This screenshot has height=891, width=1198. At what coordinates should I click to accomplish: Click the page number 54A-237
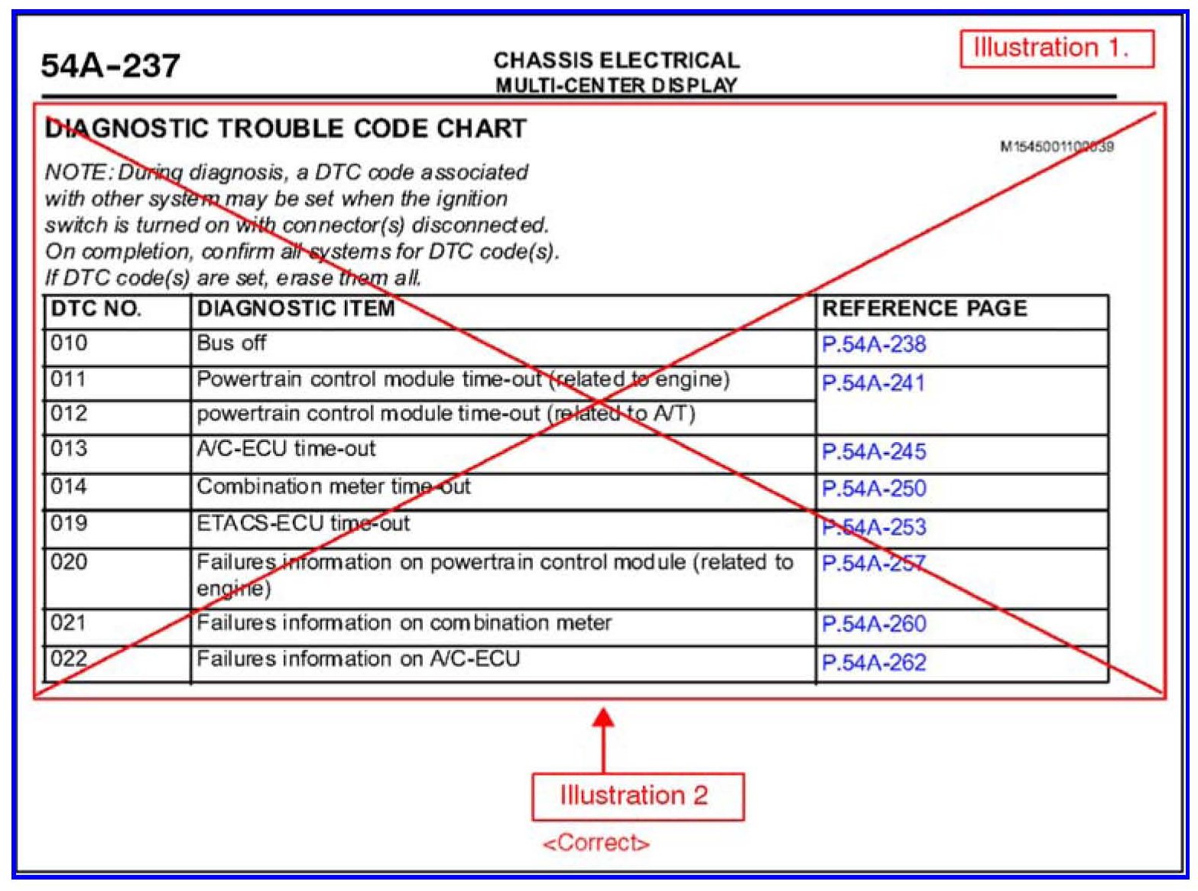point(110,66)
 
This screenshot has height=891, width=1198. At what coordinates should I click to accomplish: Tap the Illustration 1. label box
point(1056,49)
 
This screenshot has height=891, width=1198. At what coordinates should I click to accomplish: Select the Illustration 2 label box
point(637,796)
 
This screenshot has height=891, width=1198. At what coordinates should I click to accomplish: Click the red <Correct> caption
point(596,844)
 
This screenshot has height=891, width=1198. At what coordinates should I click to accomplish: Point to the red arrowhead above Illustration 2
point(603,720)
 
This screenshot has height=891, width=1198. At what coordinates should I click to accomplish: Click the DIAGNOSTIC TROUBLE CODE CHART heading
point(286,128)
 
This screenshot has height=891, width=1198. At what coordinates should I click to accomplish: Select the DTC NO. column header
point(96,309)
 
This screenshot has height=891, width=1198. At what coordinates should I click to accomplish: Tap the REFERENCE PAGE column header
point(924,309)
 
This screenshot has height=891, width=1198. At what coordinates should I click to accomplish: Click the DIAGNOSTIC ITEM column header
point(296,309)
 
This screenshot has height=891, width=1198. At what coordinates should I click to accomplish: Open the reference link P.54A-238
point(874,345)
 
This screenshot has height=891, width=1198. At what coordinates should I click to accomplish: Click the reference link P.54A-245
point(874,452)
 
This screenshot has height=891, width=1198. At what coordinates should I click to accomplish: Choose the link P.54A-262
point(874,662)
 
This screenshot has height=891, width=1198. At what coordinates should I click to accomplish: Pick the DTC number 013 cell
point(69,448)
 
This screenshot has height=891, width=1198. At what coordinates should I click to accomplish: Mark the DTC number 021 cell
point(69,623)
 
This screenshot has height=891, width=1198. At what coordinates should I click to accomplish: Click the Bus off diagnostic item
point(231,343)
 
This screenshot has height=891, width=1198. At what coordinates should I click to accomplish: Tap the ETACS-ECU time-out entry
point(303,524)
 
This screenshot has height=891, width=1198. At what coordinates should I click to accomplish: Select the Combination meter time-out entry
point(333,486)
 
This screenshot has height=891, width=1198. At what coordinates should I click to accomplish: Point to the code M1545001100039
point(1057,146)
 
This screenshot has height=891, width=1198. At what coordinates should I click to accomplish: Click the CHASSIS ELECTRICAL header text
point(616,60)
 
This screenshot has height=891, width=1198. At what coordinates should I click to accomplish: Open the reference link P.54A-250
point(874,489)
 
